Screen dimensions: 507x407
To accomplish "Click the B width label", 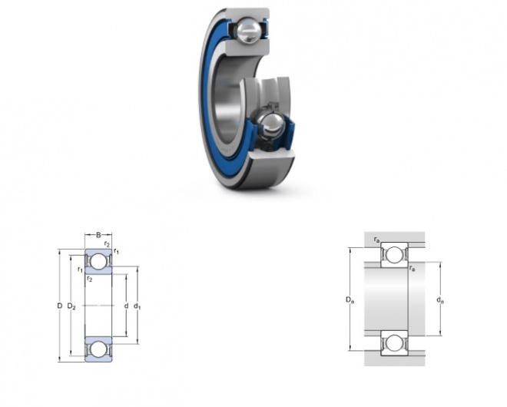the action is (98, 235).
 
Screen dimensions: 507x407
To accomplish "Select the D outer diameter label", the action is (59, 306).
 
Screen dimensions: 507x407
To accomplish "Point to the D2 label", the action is (71, 306).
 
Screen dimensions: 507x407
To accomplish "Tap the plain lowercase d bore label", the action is (127, 306).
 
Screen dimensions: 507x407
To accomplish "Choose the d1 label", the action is (137, 306).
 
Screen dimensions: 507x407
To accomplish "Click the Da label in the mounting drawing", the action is (350, 299).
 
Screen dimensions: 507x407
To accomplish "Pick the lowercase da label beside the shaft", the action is (440, 300).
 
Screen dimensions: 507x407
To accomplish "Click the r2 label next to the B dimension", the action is (107, 244).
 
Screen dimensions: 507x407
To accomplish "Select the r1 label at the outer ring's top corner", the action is (117, 251).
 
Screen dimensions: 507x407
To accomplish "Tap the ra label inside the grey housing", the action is (376, 240).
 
